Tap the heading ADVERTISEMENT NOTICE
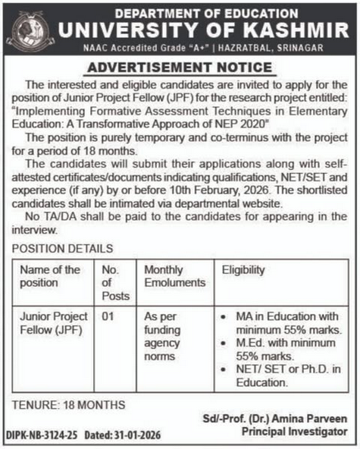(x=180, y=68)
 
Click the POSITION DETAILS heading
(x=62, y=248)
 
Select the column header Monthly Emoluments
(x=171, y=276)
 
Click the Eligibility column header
(x=244, y=270)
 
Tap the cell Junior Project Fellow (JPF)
(x=50, y=325)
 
